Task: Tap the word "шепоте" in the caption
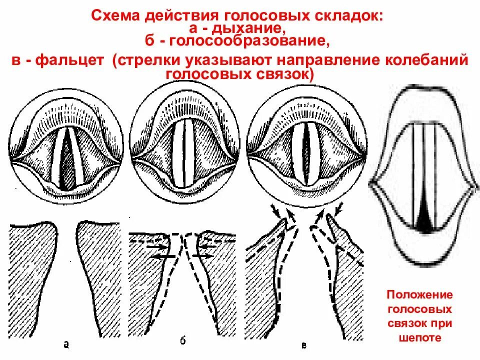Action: [x=420, y=337]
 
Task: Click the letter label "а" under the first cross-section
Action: [x=66, y=343]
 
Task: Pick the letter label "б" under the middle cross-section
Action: [x=182, y=342]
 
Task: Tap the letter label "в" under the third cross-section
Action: [x=304, y=345]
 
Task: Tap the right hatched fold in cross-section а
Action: [x=100, y=280]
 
